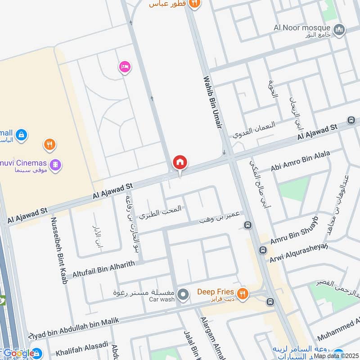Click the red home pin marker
point(180,162)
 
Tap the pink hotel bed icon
point(125,67)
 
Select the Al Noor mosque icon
point(340,30)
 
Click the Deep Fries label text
point(216,292)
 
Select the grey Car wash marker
point(183,295)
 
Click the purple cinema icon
point(55,166)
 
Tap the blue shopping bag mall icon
point(21,134)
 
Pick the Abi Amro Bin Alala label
point(300,161)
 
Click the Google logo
point(18,353)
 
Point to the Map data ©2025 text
point(336,355)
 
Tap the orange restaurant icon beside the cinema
point(49,145)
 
